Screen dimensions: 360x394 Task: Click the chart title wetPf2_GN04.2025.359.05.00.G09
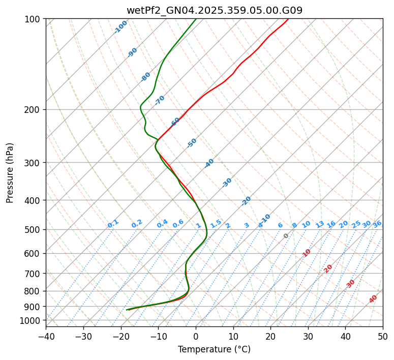point(214,10)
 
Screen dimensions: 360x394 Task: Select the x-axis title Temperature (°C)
point(214,350)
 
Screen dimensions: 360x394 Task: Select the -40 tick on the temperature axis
point(46,337)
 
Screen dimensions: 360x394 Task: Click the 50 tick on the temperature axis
point(383,337)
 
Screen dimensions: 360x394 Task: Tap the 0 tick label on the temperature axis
point(196,337)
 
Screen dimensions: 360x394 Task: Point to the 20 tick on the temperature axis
point(270,337)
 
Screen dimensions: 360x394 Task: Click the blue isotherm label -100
point(120,27)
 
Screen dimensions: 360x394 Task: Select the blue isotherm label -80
point(146,77)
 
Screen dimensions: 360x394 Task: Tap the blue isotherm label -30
point(227,182)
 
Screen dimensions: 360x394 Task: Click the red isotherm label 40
point(373,299)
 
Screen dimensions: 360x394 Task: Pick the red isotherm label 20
point(328,268)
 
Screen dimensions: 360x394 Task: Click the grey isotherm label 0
point(286,236)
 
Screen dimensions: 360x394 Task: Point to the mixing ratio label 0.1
point(113,224)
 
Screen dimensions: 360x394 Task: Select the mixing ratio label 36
point(377,224)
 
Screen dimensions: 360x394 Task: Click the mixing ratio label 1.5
point(216,224)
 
